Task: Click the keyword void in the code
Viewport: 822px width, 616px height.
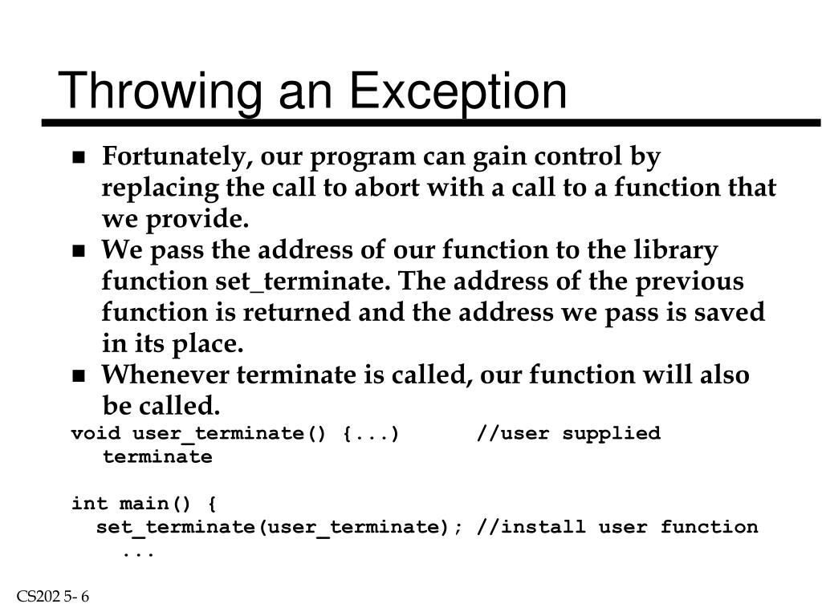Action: (x=96, y=434)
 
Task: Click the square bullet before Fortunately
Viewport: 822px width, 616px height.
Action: (x=79, y=158)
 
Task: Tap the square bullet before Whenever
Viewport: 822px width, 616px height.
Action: (x=79, y=376)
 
